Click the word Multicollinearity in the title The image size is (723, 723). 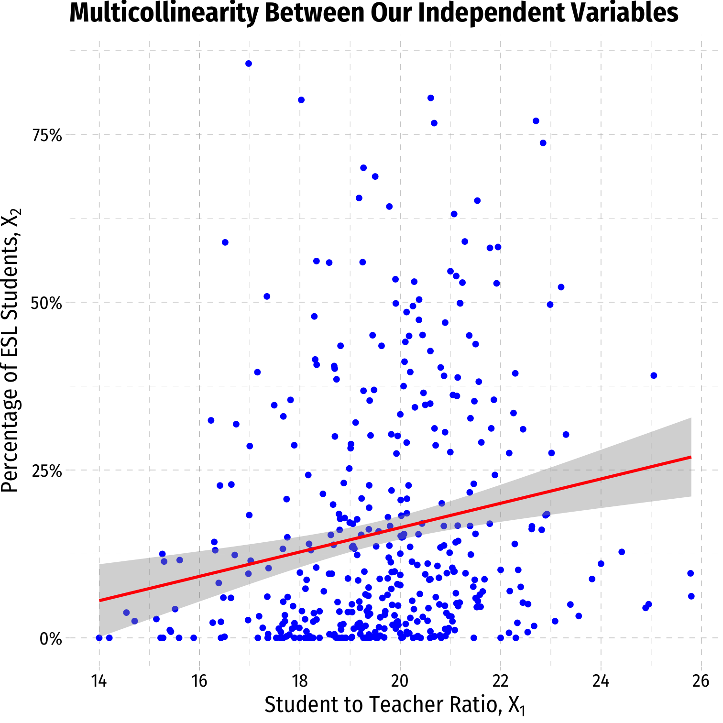pos(164,13)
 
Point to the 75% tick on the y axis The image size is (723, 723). pos(47,136)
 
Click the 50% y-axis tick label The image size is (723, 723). pos(47,303)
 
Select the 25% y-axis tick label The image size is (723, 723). pos(47,471)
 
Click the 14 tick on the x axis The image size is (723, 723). pos(99,680)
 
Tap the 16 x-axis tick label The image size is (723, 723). pos(199,680)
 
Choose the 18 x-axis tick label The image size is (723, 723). pos(300,680)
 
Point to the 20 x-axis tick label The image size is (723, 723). pos(400,680)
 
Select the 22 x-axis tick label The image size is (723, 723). pos(501,680)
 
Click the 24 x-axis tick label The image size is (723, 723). pos(601,680)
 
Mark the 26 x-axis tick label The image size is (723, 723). pos(701,680)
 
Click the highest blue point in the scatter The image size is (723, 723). pos(249,64)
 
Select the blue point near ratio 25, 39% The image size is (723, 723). pos(654,375)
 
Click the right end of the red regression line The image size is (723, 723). pos(691,457)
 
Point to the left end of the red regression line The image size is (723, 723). pos(99,600)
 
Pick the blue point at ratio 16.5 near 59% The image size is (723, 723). pos(225,242)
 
